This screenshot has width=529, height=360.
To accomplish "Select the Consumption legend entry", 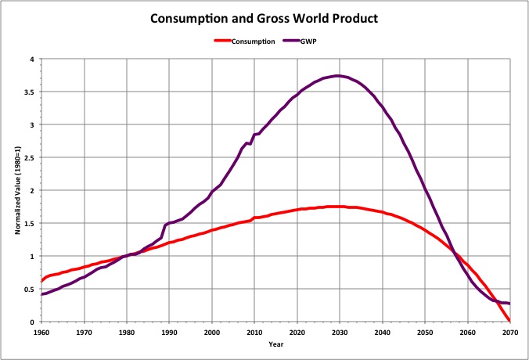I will (252, 41).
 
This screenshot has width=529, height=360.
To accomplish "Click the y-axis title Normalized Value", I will (17, 190).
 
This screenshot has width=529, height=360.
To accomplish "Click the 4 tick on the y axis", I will (33, 59).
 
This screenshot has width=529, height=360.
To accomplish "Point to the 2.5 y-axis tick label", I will (30, 157).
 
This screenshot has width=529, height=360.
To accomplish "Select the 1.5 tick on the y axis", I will (30, 223).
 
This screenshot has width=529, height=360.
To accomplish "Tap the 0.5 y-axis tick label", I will (30, 289).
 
